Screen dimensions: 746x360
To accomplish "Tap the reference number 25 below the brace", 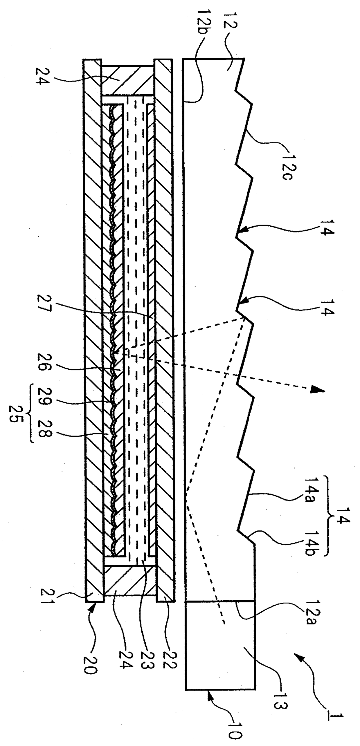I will click(x=13, y=413).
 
